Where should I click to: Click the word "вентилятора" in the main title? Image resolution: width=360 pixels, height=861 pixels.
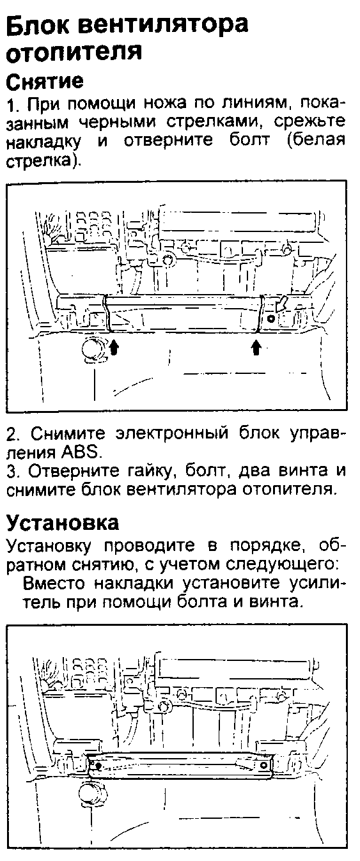[166, 24]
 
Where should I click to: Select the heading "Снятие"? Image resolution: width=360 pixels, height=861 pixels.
[44, 81]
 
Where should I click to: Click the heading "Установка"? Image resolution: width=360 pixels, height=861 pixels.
[63, 522]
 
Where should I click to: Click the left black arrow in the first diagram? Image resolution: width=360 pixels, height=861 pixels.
[114, 348]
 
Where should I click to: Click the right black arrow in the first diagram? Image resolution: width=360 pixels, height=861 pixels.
[256, 348]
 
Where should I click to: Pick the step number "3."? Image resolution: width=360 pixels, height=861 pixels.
[14, 470]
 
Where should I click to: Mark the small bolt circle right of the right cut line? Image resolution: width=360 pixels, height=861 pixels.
[270, 318]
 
